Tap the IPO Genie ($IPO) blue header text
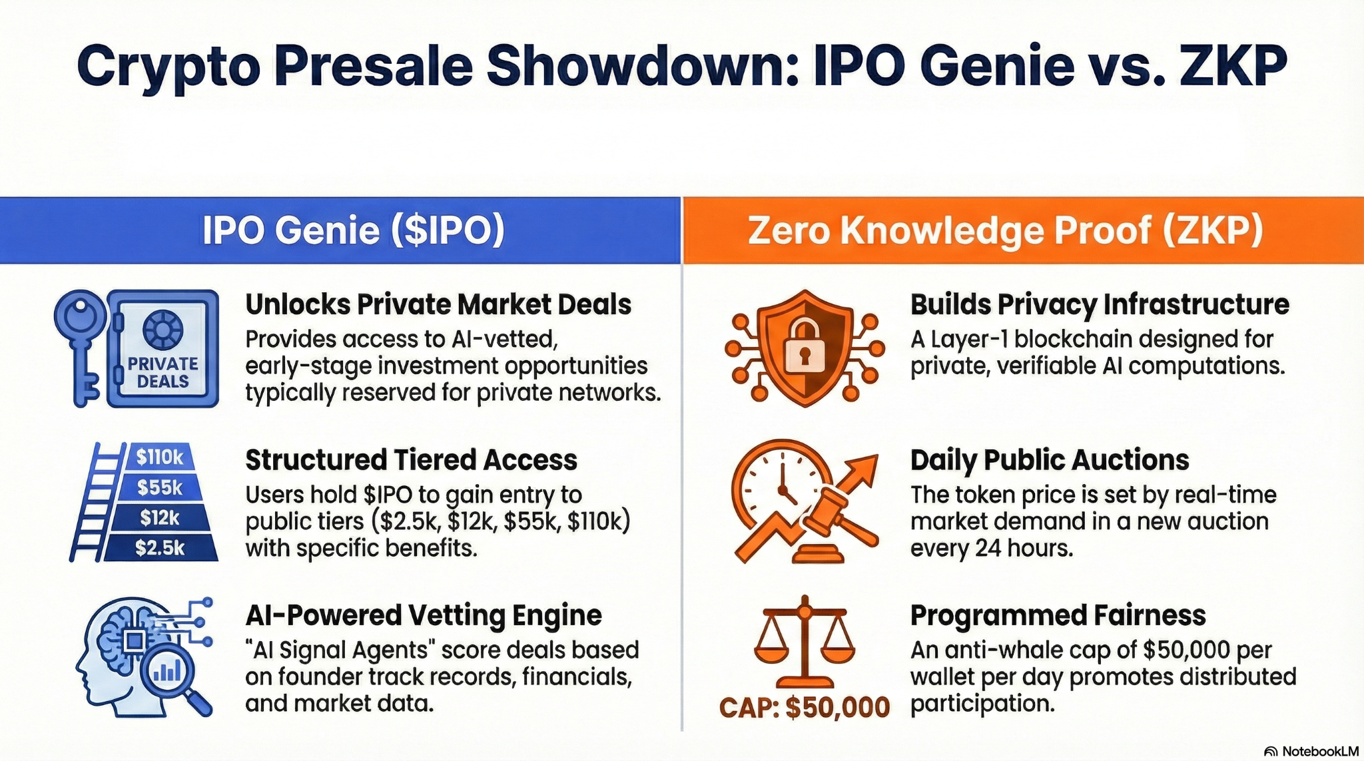(x=353, y=230)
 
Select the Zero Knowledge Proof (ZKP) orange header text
(x=1006, y=230)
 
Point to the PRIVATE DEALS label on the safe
(x=163, y=372)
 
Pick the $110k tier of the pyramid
(x=159, y=457)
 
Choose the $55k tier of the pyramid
(x=159, y=487)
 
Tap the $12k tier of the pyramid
(x=159, y=517)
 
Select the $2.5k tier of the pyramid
(x=159, y=548)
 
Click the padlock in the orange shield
(x=805, y=346)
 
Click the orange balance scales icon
(x=805, y=642)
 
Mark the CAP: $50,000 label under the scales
(x=805, y=707)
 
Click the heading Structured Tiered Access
(x=411, y=460)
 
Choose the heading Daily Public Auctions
(x=1050, y=460)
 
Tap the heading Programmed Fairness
(x=1058, y=616)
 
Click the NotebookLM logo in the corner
(x=1311, y=752)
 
